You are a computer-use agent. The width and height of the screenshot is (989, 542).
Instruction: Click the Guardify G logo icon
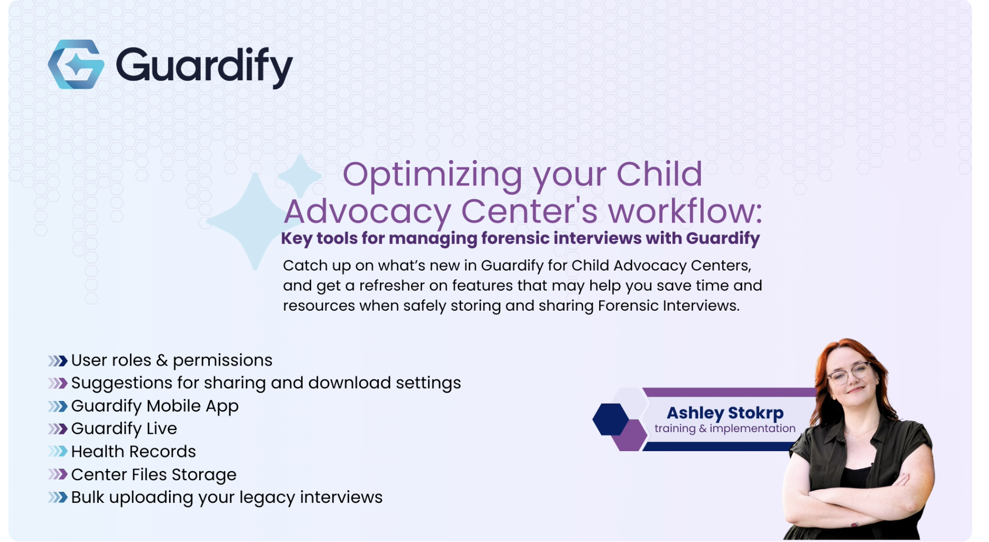click(x=76, y=64)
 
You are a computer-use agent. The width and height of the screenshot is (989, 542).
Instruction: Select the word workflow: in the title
click(x=685, y=211)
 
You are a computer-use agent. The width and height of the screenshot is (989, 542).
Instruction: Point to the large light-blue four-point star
click(x=254, y=221)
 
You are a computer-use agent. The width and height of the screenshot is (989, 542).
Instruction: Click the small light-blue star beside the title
click(x=300, y=176)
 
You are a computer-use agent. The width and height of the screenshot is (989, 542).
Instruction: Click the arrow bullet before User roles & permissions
click(x=58, y=361)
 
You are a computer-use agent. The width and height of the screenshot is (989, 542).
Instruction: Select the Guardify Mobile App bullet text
click(x=155, y=406)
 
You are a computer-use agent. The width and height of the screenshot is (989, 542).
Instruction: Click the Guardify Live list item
click(x=124, y=429)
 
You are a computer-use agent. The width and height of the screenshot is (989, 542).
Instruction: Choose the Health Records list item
click(x=133, y=452)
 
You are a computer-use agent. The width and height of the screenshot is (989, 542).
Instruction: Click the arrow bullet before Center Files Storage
click(x=58, y=474)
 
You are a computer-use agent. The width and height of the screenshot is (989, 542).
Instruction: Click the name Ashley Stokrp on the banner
click(x=725, y=413)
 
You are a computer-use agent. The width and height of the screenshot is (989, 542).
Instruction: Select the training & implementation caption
click(x=724, y=428)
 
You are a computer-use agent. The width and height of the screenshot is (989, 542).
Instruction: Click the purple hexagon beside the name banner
click(x=630, y=436)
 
